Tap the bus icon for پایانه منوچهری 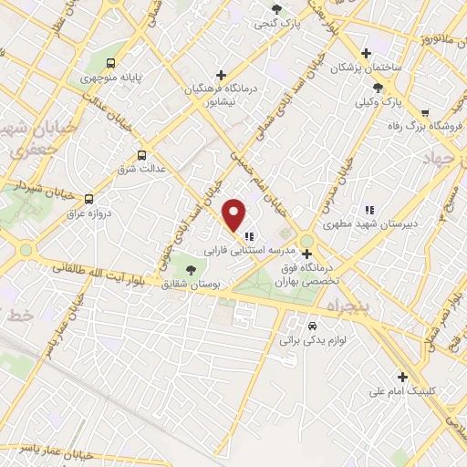pyautogui.click(x=110, y=63)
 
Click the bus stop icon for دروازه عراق pyautogui.click(x=88, y=198)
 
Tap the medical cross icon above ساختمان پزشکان pyautogui.click(x=366, y=54)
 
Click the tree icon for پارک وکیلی pyautogui.click(x=378, y=88)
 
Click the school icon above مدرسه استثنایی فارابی pyautogui.click(x=248, y=236)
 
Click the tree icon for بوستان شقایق pyautogui.click(x=191, y=269)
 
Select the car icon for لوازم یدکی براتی pyautogui.click(x=313, y=325)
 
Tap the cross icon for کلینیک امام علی pyautogui.click(x=402, y=376)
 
